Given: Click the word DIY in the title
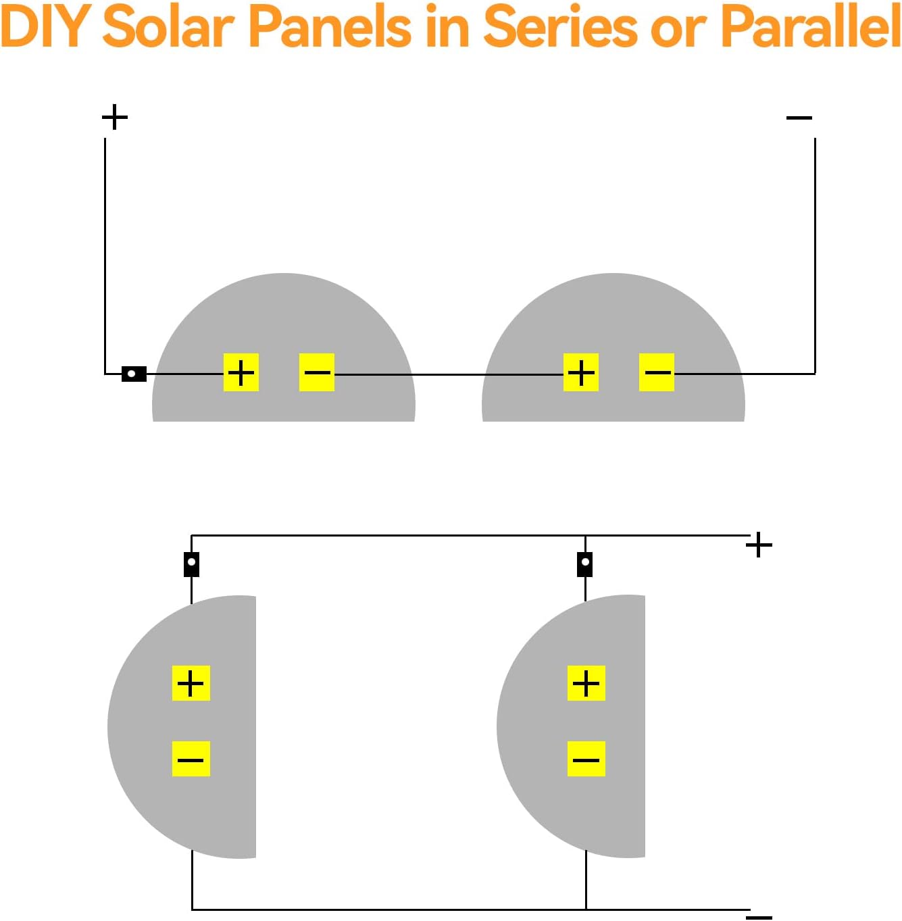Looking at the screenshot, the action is pyautogui.click(x=40, y=27).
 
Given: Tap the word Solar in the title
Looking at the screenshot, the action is pyautogui.click(x=169, y=27).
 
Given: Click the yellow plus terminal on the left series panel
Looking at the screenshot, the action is pyautogui.click(x=241, y=372).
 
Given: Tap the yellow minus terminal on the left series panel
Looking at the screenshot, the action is pyautogui.click(x=316, y=372).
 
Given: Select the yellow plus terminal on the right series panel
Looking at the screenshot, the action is pyautogui.click(x=581, y=372).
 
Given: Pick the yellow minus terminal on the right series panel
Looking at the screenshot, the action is pyautogui.click(x=656, y=372).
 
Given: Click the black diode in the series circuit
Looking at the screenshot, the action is pyautogui.click(x=134, y=374).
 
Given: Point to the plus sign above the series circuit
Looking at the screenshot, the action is pyautogui.click(x=115, y=117).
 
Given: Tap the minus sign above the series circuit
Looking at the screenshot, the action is pyautogui.click(x=799, y=118).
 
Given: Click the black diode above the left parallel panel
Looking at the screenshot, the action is pyautogui.click(x=191, y=564).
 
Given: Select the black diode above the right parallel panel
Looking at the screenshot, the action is pyautogui.click(x=584, y=564).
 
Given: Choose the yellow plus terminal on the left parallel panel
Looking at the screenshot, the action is pyautogui.click(x=191, y=683).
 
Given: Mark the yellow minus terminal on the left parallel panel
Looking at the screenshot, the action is pyautogui.click(x=191, y=759).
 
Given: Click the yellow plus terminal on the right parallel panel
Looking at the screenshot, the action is pyautogui.click(x=586, y=683).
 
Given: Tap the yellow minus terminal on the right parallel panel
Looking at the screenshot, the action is pyautogui.click(x=586, y=759).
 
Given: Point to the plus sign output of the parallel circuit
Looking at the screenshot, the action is pyautogui.click(x=759, y=545).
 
